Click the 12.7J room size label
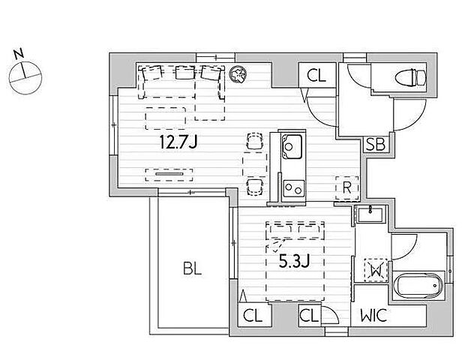point(178,142)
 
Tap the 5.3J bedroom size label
point(294,262)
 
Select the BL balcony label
point(192,268)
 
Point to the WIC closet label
point(373,316)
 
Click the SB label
point(376,145)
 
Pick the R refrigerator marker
point(347,188)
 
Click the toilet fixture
point(411,77)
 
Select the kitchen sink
point(292,147)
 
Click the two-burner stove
point(293,188)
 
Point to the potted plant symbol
point(238,74)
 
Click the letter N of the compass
point(19,54)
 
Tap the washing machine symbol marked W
point(376,270)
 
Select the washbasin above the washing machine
point(370,214)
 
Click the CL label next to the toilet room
point(316,76)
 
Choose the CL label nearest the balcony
point(253,316)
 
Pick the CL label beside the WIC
point(309,316)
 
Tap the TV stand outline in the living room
point(169,175)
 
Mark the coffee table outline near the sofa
point(165,118)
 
